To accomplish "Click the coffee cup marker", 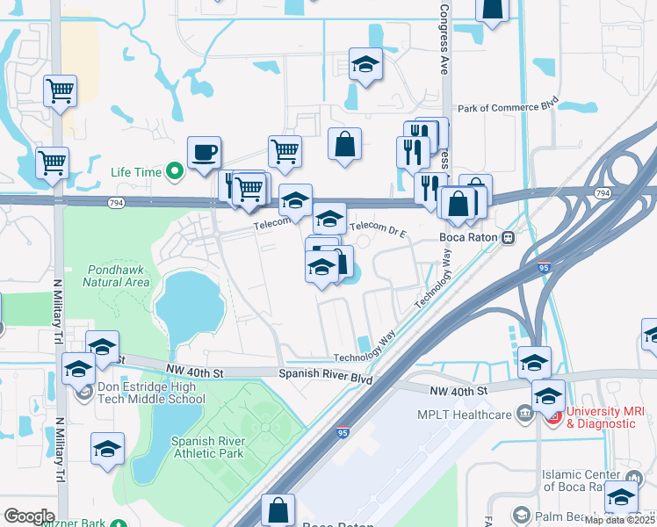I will [x=204, y=153].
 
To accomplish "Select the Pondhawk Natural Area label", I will [x=117, y=276].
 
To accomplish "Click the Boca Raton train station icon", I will [x=508, y=237].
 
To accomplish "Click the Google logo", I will [x=29, y=516].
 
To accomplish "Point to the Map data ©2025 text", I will [x=619, y=520].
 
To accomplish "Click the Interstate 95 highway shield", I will [x=343, y=431].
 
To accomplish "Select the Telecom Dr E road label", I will [x=379, y=228].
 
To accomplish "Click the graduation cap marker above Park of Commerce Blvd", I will [x=365, y=65].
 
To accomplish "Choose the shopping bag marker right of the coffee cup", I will [x=344, y=145].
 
